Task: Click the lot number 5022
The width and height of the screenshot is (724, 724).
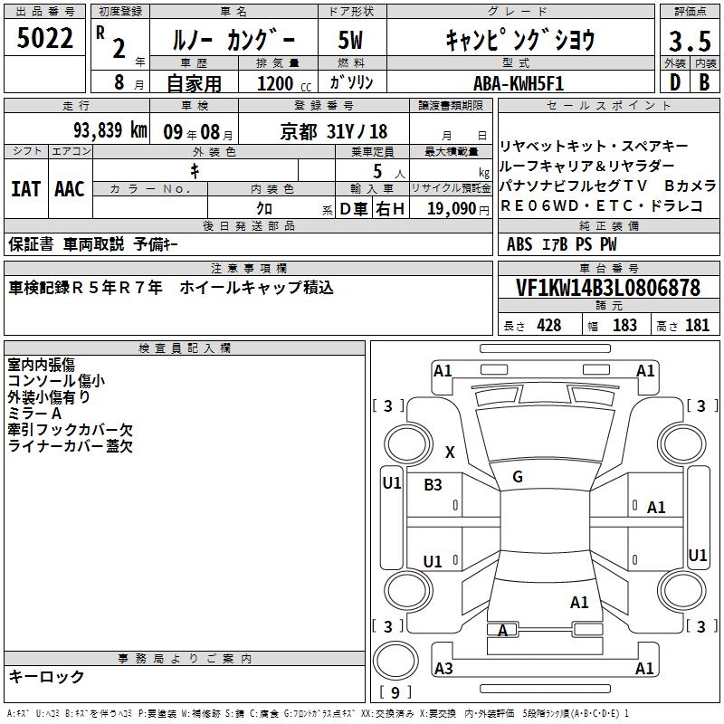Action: coord(44,38)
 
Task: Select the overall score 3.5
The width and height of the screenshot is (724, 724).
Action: coord(690,41)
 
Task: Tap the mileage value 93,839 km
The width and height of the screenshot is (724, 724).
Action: coord(110,130)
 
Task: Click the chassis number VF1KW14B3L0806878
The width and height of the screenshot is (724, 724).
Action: coord(608,288)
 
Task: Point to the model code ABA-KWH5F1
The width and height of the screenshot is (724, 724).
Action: coord(519,83)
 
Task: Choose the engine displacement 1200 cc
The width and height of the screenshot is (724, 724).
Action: coord(284,83)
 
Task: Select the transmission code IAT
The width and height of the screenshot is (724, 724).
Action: coord(26,189)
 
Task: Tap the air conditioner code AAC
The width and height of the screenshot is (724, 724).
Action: coord(70,189)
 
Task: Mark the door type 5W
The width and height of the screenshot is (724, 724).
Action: coord(350,40)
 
